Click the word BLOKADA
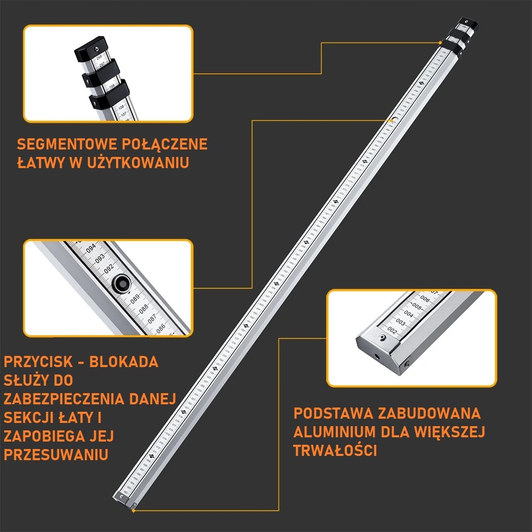pos(123,362)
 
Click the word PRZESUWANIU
pos(56,455)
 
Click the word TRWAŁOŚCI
pos(335,451)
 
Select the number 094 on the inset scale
pos(92,248)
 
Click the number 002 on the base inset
pos(393,331)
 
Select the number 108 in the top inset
pos(121,107)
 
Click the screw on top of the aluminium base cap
pos(381,338)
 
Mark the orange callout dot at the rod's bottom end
pos(133,510)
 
